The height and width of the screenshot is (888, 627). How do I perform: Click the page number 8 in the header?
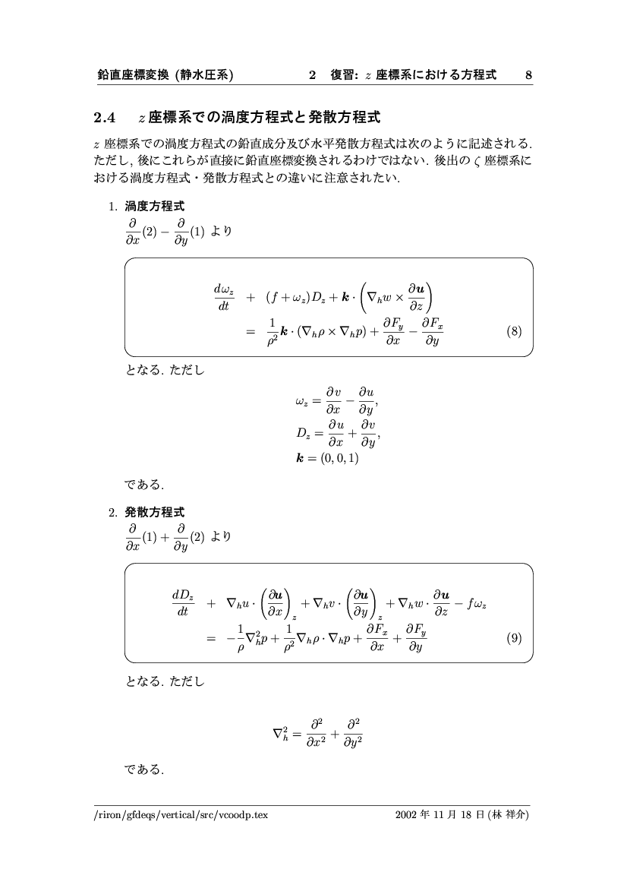(x=528, y=75)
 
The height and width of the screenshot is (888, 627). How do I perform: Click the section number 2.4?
(x=103, y=118)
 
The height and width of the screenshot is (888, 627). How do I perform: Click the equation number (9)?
(x=514, y=638)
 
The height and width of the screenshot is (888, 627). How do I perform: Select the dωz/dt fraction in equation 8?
(x=225, y=298)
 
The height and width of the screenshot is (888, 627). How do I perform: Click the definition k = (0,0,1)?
(x=328, y=458)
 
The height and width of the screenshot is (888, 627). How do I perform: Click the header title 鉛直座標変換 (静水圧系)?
(x=165, y=75)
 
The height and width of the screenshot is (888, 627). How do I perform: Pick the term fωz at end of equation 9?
(x=477, y=604)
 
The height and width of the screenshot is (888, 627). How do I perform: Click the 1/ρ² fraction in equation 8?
(x=270, y=331)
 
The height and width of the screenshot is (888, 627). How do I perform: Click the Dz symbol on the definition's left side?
(x=304, y=434)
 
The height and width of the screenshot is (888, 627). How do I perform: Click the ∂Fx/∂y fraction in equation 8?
(x=432, y=331)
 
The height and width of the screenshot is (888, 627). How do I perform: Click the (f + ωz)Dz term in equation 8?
(x=296, y=298)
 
